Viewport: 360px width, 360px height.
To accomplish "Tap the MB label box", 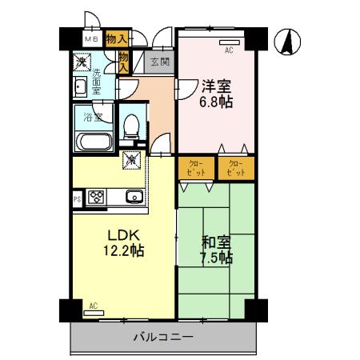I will tap(91, 38).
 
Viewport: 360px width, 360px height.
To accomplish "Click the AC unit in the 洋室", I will tap(229, 41).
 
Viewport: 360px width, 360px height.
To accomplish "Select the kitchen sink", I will tap(134, 197).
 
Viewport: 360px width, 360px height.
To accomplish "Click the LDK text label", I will tap(124, 235).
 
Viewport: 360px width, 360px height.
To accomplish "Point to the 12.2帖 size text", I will tap(124, 252).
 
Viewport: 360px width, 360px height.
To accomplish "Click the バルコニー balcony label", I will tap(162, 338).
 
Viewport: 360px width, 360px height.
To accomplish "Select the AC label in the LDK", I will tap(94, 306).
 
